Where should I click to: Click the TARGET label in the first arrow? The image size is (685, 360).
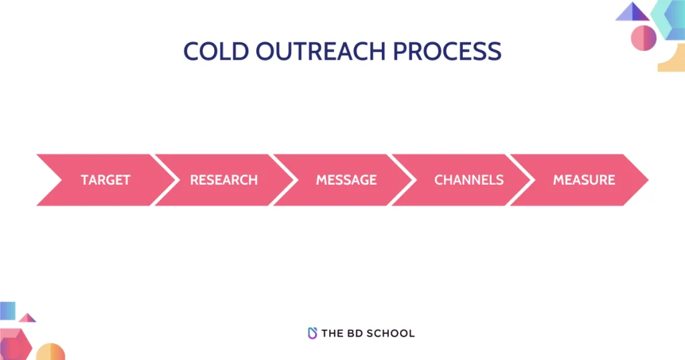[x=105, y=180]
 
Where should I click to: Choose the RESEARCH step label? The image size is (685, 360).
[x=223, y=180]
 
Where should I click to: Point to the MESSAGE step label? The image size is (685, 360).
[x=346, y=180]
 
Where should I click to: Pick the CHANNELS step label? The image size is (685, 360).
[x=468, y=180]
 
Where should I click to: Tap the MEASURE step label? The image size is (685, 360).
[x=584, y=180]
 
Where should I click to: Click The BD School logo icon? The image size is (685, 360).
[x=312, y=333]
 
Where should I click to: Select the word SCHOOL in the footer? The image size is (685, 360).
[x=392, y=333]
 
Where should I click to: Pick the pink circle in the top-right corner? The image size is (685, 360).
[x=644, y=37]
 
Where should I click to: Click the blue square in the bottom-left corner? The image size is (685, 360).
[x=7, y=310]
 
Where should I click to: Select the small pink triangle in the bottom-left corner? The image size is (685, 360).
[x=27, y=318]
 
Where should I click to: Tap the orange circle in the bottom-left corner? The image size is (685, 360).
[x=50, y=352]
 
